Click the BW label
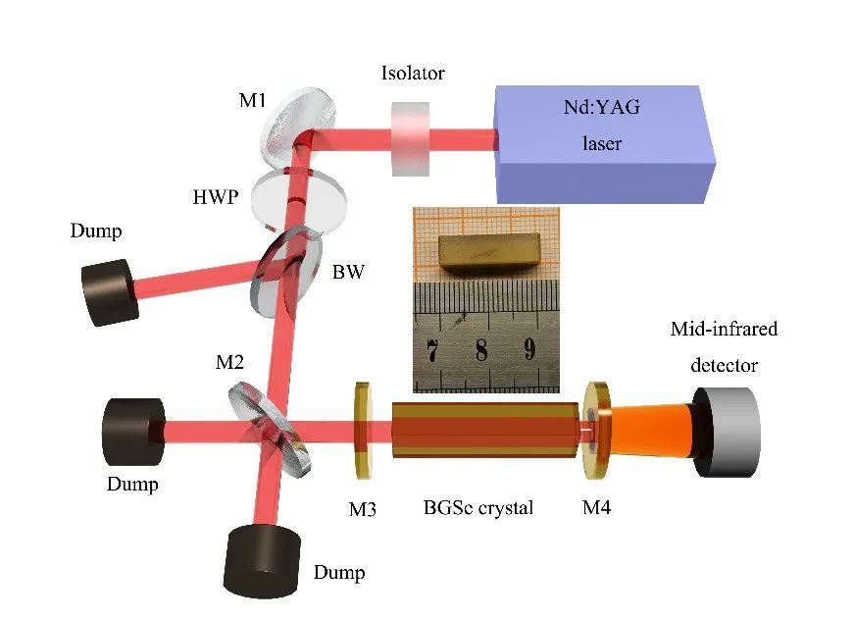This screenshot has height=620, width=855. click(347, 272)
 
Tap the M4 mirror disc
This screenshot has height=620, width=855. click(595, 433)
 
